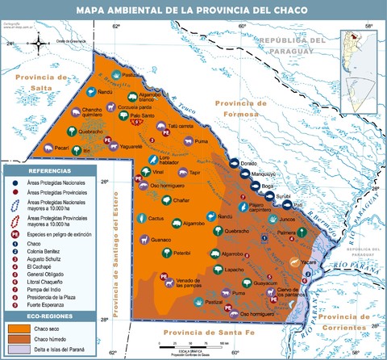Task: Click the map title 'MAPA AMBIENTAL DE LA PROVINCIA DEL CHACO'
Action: click(193, 10)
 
